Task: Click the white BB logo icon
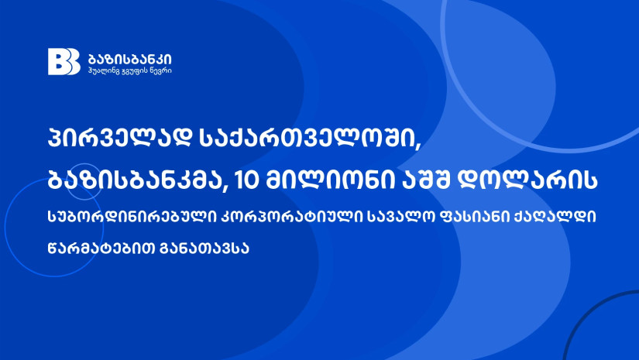point(64,61)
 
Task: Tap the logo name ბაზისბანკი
point(130,59)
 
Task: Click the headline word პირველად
point(120,138)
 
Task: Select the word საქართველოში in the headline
point(306,138)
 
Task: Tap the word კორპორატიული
point(291,217)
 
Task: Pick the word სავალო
point(398,217)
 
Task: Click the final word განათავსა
point(205,248)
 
